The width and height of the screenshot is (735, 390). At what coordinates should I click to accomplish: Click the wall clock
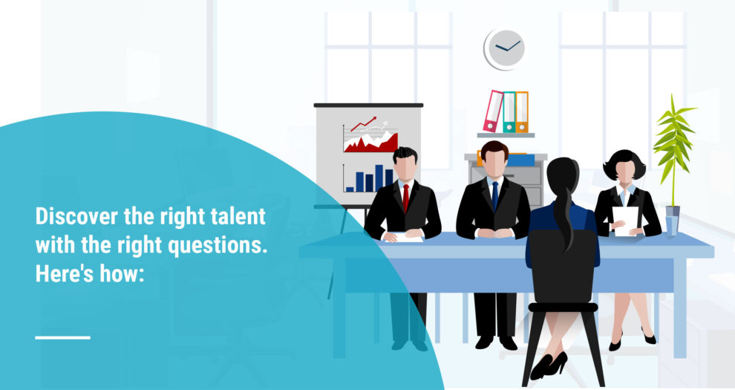coord(506,49)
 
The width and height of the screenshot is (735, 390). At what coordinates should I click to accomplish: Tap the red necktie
coord(405,196)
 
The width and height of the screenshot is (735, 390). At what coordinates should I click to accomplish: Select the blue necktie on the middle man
coord(494,195)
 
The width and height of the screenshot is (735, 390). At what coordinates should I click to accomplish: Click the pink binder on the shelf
coord(493,111)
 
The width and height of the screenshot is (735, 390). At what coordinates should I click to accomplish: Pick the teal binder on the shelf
coord(509,112)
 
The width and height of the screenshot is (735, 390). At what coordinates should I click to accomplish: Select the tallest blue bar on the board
coord(379,178)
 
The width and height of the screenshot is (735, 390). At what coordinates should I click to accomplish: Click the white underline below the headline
coord(62,337)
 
